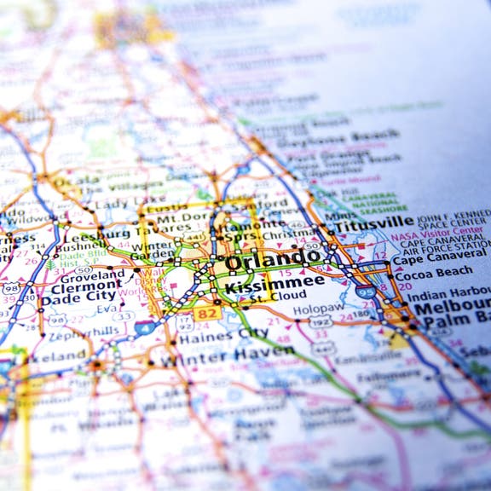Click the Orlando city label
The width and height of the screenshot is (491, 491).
pyautogui.click(x=274, y=258)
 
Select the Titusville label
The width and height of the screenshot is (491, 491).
pyautogui.click(x=374, y=223)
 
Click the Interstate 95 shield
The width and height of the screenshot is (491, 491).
pyautogui.click(x=366, y=292)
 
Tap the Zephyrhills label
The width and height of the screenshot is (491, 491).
pyautogui.click(x=83, y=331)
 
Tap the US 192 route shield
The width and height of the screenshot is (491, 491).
pyautogui.click(x=321, y=321)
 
